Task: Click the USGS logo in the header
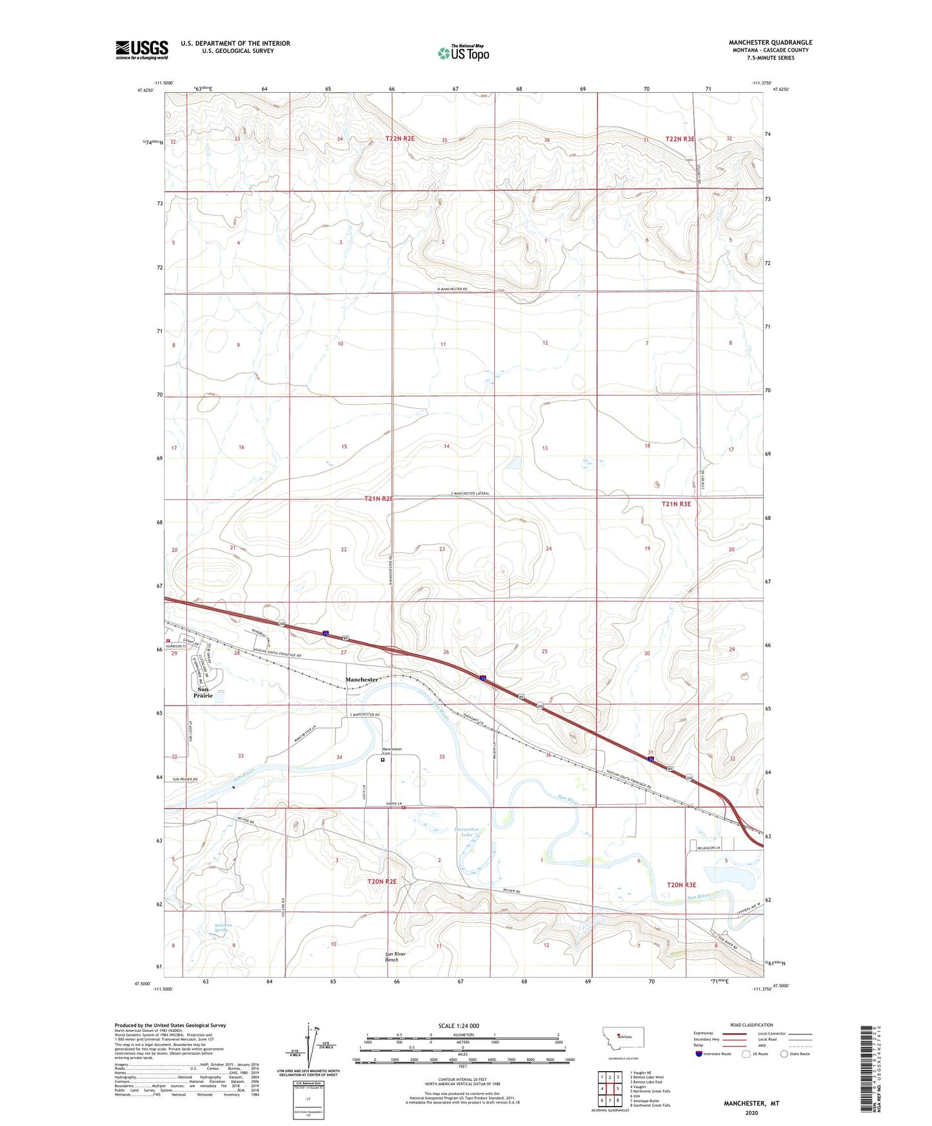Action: click(x=142, y=50)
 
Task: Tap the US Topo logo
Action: click(x=462, y=53)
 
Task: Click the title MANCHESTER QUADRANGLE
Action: click(x=770, y=43)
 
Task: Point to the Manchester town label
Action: click(x=361, y=680)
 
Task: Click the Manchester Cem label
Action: click(x=392, y=751)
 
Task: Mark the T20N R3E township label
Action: click(x=681, y=885)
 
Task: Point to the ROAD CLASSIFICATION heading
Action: click(x=751, y=1025)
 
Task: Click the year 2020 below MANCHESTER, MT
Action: click(x=751, y=1112)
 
